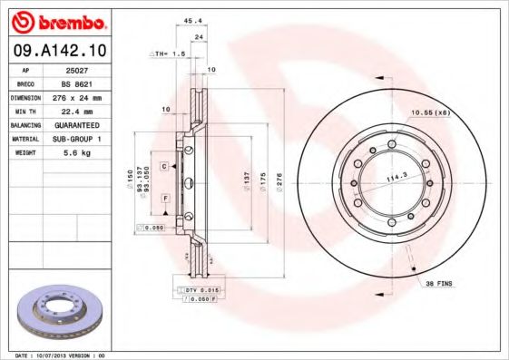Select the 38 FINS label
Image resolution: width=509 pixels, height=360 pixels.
click(x=441, y=285)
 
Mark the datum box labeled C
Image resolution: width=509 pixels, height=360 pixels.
click(x=164, y=167)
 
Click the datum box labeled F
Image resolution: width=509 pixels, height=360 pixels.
click(x=165, y=197)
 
